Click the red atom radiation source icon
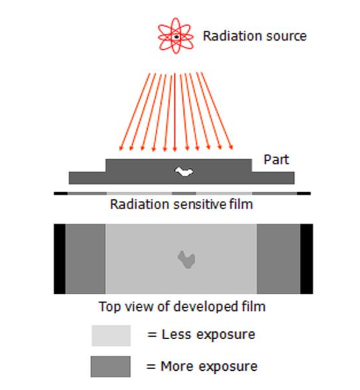pos(175,36)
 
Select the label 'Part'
pos(276,160)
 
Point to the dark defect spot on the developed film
pos(186,259)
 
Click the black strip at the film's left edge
pos(59,259)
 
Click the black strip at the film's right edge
pos(307,259)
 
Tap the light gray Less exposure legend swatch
pos(111,336)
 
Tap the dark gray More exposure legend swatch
pos(111,366)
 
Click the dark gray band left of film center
pos(85,259)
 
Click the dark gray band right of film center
pos(278,259)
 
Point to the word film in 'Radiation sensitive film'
pos(240,204)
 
